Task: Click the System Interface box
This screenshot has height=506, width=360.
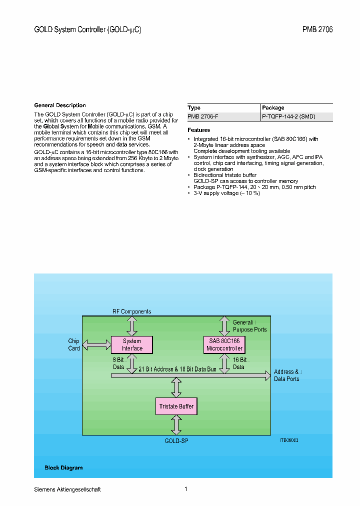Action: point(132,344)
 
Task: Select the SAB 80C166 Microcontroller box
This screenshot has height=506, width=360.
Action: point(224,344)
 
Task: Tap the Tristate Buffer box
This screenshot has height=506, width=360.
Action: point(176,406)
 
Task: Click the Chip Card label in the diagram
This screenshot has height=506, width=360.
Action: point(74,344)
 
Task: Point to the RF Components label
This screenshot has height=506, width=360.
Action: point(131,311)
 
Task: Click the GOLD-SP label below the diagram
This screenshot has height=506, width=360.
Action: point(176,441)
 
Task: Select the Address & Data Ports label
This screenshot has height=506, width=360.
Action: point(287,375)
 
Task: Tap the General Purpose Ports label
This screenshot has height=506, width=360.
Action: point(249,326)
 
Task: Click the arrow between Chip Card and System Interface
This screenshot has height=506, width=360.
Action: point(96,344)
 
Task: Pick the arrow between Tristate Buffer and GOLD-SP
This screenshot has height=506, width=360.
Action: point(176,424)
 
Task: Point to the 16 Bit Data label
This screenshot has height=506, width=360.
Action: point(239,363)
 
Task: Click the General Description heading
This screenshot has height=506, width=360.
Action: point(60,105)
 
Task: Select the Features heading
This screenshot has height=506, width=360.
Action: point(199,130)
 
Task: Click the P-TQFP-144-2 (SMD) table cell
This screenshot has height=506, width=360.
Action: point(288,116)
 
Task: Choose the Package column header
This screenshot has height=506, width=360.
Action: point(273,107)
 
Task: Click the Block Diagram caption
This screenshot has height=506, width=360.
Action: point(63,468)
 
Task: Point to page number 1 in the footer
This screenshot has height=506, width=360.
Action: point(186,489)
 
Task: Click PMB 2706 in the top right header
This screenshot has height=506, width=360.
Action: point(317,30)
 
